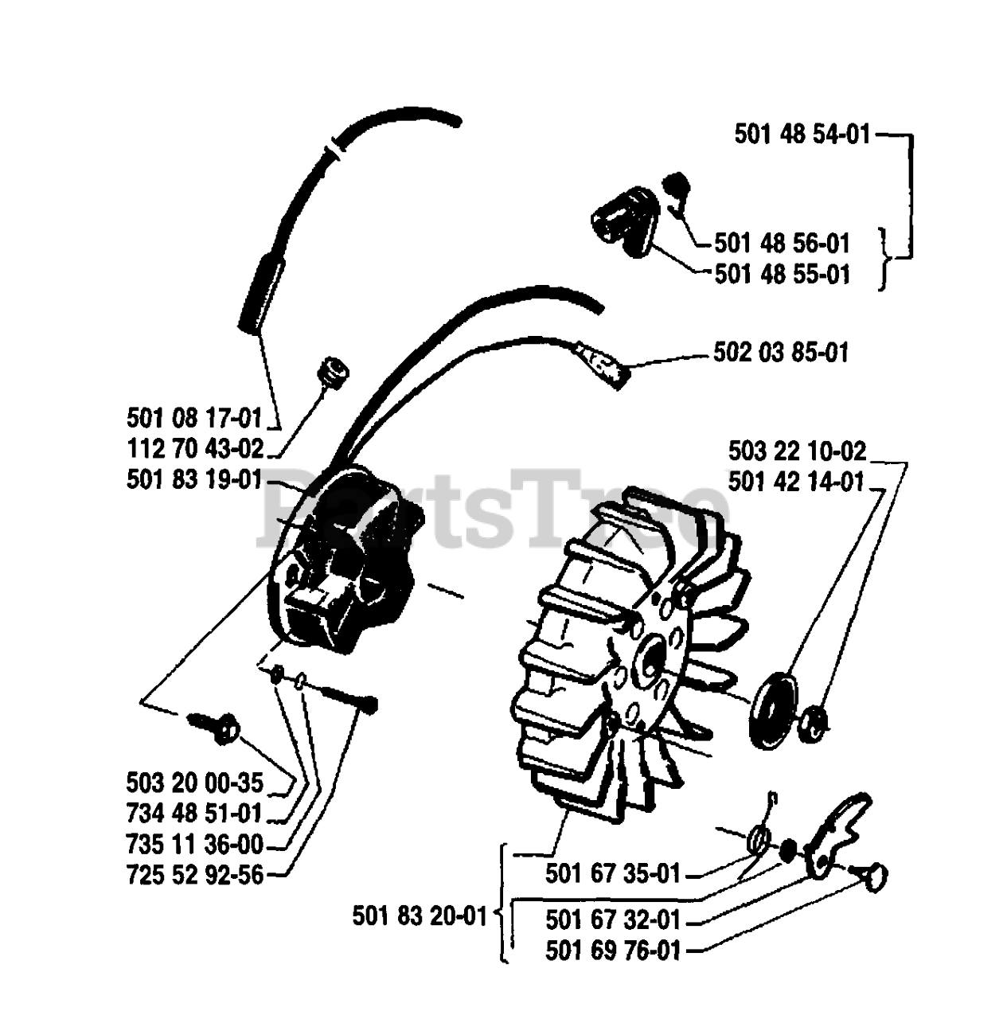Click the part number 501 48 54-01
pyautogui.click(x=802, y=135)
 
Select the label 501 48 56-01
pyautogui.click(x=782, y=243)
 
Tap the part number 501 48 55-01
pyautogui.click(x=782, y=275)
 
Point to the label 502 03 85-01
pyautogui.click(x=781, y=352)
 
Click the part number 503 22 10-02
pyautogui.click(x=797, y=451)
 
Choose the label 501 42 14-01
pyautogui.click(x=796, y=482)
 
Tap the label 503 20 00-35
pyautogui.click(x=194, y=783)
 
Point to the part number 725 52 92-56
pyautogui.click(x=194, y=875)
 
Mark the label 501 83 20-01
pyautogui.click(x=420, y=916)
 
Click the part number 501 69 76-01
pyautogui.click(x=613, y=951)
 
